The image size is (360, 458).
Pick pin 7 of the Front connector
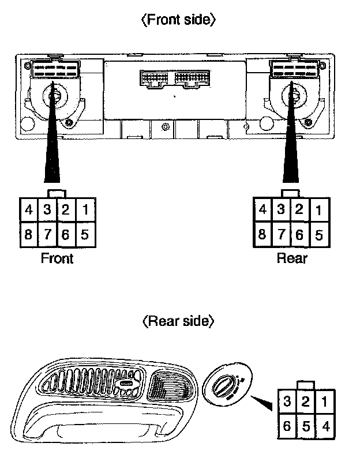[x=47, y=235]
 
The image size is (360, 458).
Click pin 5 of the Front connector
[x=85, y=235]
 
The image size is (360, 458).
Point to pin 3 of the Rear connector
[x=281, y=209]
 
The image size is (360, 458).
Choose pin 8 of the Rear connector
[x=262, y=235]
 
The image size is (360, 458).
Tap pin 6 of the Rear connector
[x=299, y=235]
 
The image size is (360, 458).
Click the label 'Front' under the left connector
[x=57, y=258]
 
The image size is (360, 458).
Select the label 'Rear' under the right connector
[x=292, y=258]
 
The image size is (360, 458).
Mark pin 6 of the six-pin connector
[x=287, y=427]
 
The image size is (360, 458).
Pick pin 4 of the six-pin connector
[x=326, y=427]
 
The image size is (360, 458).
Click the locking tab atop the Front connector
[x=57, y=193]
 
